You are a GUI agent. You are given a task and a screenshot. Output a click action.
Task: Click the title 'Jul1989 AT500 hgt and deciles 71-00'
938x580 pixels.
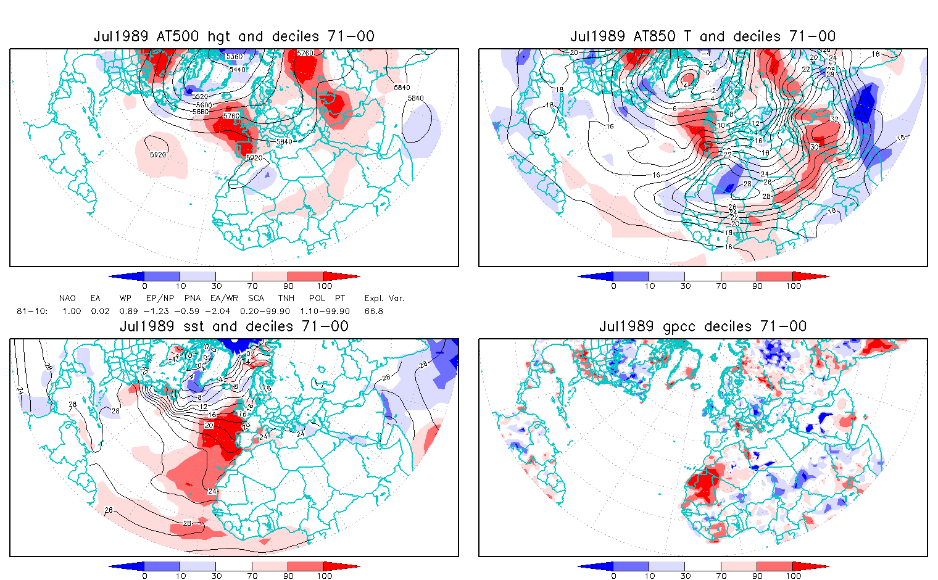pyautogui.click(x=234, y=36)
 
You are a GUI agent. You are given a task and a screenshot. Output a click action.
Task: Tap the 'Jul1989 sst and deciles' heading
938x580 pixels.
pyautogui.click(x=234, y=326)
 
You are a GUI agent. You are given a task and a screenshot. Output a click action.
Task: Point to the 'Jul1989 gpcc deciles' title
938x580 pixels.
pyautogui.click(x=703, y=326)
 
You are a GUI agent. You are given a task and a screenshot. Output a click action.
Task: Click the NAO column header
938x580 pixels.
pyautogui.click(x=67, y=298)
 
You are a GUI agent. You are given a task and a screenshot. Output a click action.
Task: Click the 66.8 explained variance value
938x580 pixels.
pyautogui.click(x=374, y=311)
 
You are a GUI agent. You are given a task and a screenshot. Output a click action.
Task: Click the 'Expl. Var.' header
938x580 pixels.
pyautogui.click(x=384, y=298)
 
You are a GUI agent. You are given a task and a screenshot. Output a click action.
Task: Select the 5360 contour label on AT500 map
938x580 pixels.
pyautogui.click(x=234, y=57)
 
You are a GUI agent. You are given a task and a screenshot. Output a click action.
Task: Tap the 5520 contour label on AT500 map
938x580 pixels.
pyautogui.click(x=200, y=97)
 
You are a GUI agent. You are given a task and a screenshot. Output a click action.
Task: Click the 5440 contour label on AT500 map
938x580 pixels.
pyautogui.click(x=237, y=70)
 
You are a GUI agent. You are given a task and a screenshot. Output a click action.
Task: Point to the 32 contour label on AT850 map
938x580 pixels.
pyautogui.click(x=834, y=120)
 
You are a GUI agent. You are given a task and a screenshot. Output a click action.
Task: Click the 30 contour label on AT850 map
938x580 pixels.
pyautogui.click(x=814, y=147)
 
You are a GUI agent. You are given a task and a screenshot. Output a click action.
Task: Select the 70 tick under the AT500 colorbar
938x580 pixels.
pyautogui.click(x=252, y=286)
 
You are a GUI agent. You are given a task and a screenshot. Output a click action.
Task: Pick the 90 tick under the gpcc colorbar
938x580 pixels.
pyautogui.click(x=757, y=576)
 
